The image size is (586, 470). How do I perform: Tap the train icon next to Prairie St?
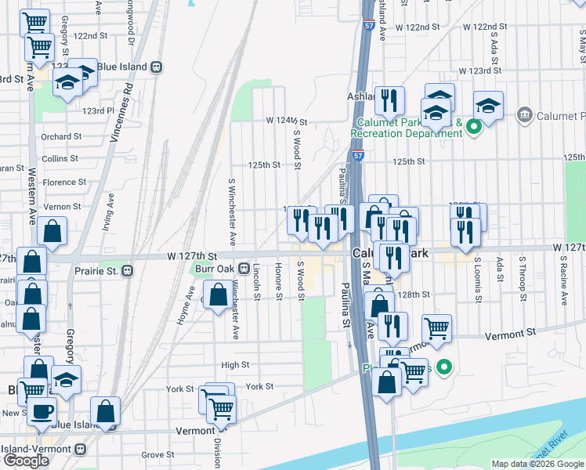pyautogui.click(x=127, y=271)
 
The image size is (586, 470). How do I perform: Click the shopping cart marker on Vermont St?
pyautogui.click(x=436, y=328)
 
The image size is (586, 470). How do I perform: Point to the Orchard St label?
pyautogui.click(x=62, y=136)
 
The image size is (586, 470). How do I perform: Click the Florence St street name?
pyautogui.click(x=64, y=183)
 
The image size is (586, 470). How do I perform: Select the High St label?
pyautogui.click(x=235, y=364)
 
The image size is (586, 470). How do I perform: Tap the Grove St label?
pyautogui.click(x=157, y=454)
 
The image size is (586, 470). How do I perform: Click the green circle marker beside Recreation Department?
pyautogui.click(x=473, y=126)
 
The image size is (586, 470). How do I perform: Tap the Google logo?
pyautogui.click(x=26, y=461)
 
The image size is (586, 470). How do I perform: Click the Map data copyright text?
pyautogui.click(x=537, y=464)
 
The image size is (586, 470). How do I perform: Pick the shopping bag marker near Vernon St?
pyautogui.click(x=52, y=231)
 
